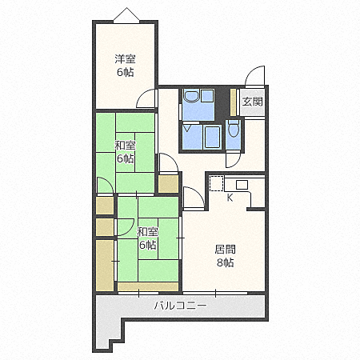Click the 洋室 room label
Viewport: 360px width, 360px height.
pyautogui.click(x=125, y=59)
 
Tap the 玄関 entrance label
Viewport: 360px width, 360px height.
pyautogui.click(x=252, y=102)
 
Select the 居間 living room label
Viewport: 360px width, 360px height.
pyautogui.click(x=226, y=250)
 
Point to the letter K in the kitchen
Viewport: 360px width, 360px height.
pyautogui.click(x=230, y=198)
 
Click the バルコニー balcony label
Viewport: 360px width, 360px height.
pyautogui.click(x=180, y=306)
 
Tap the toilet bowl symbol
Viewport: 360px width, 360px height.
pyautogui.click(x=234, y=130)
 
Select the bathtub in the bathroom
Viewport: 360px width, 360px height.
pyautogui.click(x=212, y=136)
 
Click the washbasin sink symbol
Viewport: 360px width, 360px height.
pyautogui.click(x=192, y=96)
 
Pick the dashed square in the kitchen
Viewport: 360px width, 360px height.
pyautogui.click(x=216, y=183)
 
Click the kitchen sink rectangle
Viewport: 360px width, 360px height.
pyautogui.click(x=242, y=185)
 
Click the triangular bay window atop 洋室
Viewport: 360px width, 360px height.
pyautogui.click(x=126, y=15)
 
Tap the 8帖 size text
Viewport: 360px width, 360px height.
pyautogui.click(x=226, y=263)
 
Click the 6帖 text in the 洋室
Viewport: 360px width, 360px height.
pyautogui.click(x=125, y=72)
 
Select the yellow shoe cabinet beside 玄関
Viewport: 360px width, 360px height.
pyautogui.click(x=233, y=102)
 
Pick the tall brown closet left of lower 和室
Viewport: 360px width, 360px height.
pyautogui.click(x=105, y=266)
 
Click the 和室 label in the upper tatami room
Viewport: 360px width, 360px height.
pyautogui.click(x=125, y=146)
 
